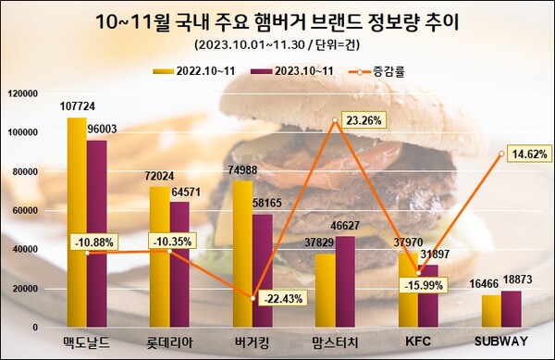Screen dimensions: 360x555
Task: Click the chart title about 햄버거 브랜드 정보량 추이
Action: point(277,21)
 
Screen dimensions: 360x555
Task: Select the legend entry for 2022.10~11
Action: point(199,68)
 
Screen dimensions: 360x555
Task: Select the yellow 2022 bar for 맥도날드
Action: point(77,222)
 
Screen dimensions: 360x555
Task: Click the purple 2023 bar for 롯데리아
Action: point(179,264)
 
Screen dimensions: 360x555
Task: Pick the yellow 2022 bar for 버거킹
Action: point(242,254)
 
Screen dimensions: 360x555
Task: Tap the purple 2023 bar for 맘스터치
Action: point(345,281)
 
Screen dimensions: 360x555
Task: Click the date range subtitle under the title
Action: point(277,44)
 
